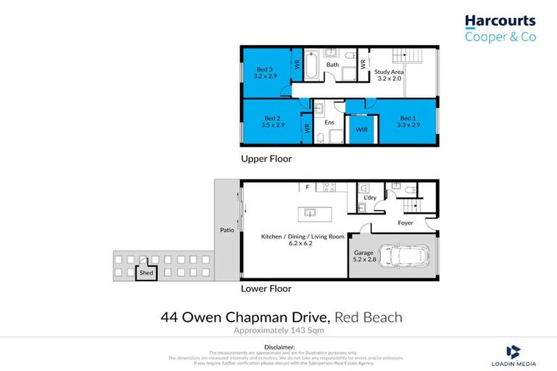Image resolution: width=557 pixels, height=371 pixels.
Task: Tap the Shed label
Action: click(x=146, y=273)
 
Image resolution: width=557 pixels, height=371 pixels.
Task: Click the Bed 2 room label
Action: click(x=272, y=121)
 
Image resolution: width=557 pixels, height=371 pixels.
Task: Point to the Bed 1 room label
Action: click(x=408, y=121)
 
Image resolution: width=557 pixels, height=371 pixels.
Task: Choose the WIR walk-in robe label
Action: click(x=360, y=130)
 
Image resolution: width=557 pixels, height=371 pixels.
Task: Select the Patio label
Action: click(x=226, y=230)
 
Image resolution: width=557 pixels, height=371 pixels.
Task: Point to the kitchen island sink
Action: click(x=310, y=213)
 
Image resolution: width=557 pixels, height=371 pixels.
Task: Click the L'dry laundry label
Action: click(x=369, y=198)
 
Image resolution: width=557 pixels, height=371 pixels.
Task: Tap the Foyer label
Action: click(x=405, y=222)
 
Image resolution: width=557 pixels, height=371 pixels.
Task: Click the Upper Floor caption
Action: click(x=265, y=158)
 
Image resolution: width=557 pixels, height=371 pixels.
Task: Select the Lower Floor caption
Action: click(x=265, y=288)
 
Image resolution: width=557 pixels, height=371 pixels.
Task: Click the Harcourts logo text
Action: click(x=500, y=22)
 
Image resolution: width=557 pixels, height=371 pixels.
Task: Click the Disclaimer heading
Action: click(x=278, y=346)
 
